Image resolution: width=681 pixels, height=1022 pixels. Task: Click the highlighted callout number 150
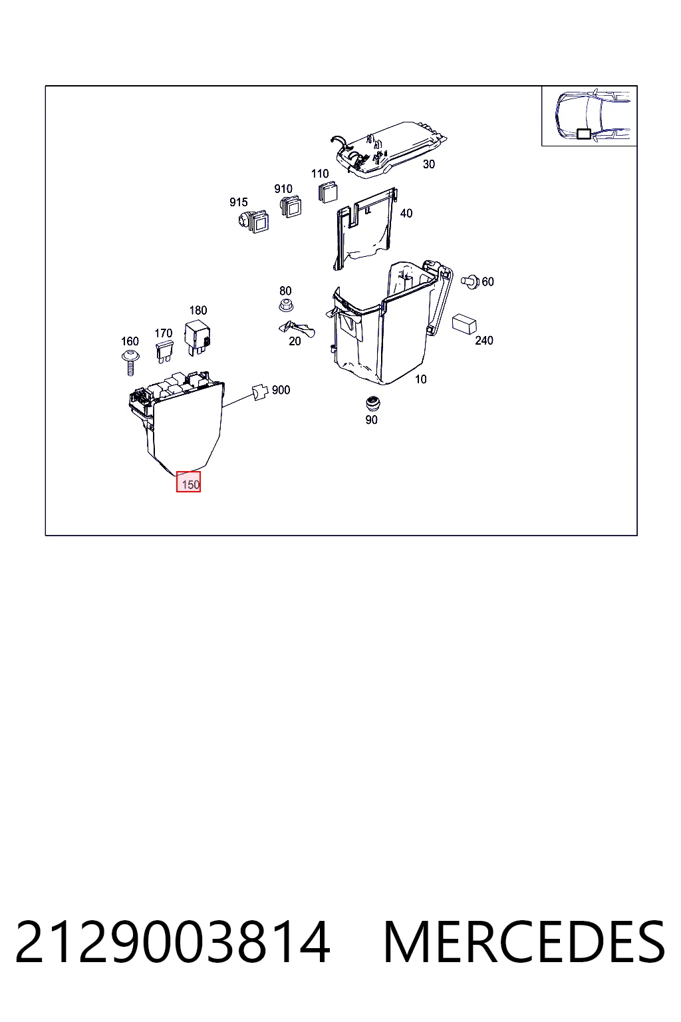tap(188, 482)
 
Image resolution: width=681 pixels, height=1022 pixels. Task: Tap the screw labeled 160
tap(130, 362)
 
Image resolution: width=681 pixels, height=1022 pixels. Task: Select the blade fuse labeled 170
tap(164, 352)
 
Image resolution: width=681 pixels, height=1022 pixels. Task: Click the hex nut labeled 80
tap(285, 305)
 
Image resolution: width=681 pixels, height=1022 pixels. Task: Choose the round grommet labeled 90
tap(372, 404)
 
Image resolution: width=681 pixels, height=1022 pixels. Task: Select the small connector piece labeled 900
tap(260, 392)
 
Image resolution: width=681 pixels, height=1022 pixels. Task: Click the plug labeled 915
tap(253, 221)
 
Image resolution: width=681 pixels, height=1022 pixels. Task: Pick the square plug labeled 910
tap(291, 206)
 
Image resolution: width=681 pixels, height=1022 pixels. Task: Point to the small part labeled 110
tap(327, 192)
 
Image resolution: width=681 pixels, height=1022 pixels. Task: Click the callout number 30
tap(429, 164)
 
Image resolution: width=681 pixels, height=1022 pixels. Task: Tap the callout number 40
tap(406, 213)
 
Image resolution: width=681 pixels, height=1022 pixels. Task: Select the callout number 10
tap(420, 379)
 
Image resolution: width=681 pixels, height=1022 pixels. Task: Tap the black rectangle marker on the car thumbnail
tap(583, 134)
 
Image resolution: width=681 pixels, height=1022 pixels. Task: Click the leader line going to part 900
tap(237, 400)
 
